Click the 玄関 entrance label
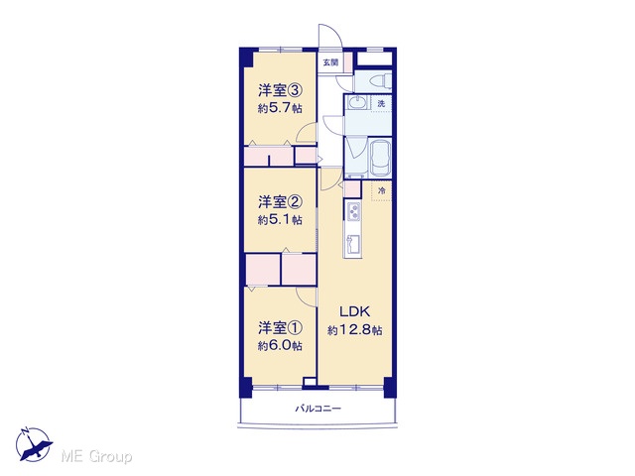[x=330, y=62]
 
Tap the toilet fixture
[x=380, y=81]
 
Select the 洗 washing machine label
[x=381, y=103]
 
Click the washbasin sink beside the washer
[x=357, y=103]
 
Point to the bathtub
[x=380, y=159]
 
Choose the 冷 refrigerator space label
[x=381, y=190]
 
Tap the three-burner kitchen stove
[x=353, y=211]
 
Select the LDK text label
[x=354, y=311]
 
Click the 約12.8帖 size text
[x=354, y=330]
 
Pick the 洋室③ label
[x=280, y=90]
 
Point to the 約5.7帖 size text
[x=280, y=108]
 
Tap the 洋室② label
[x=280, y=201]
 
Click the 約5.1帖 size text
[x=280, y=220]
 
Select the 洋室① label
[x=280, y=328]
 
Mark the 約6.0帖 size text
[x=280, y=346]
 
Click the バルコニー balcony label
[x=317, y=409]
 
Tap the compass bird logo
[x=34, y=444]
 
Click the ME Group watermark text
[x=96, y=457]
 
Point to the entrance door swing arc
[x=335, y=33]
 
